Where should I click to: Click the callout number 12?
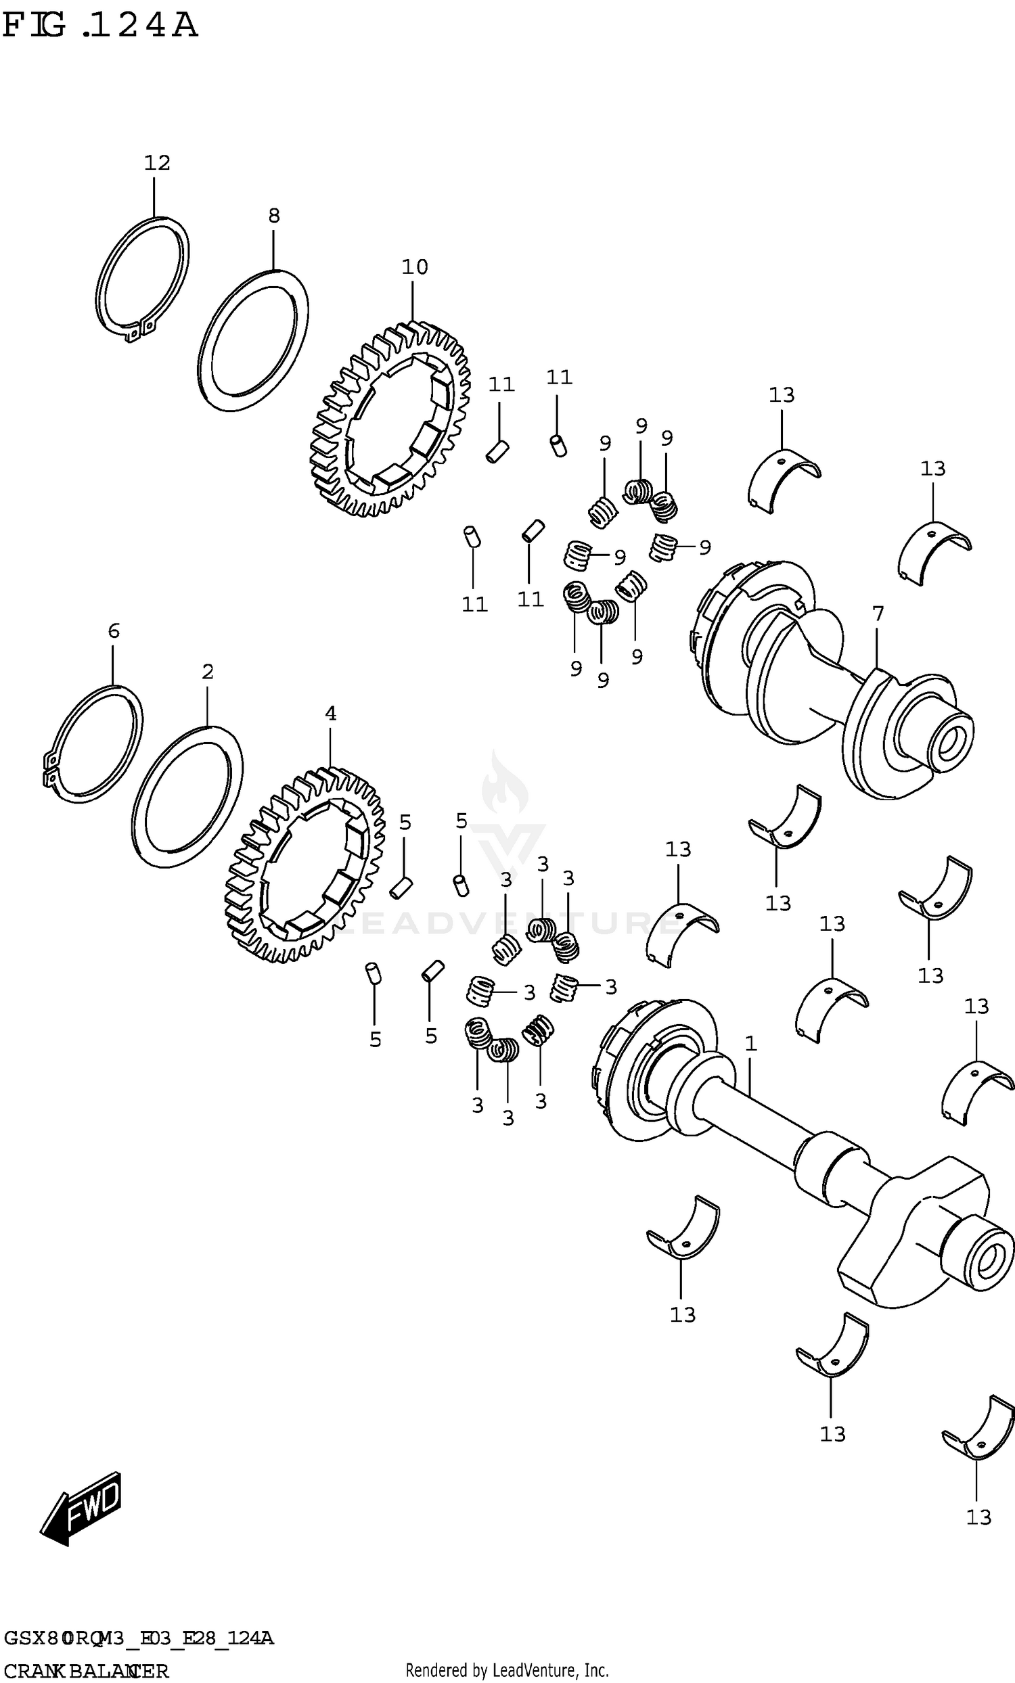156,163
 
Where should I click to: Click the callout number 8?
273,216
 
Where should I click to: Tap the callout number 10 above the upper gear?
415,267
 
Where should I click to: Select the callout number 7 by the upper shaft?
878,614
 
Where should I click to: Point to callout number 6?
114,630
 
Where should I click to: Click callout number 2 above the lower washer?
208,672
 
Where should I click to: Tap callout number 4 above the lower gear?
331,714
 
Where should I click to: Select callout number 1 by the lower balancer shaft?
750,1043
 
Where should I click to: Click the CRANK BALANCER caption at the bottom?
85,1671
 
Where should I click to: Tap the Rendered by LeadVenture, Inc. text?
507,1671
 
